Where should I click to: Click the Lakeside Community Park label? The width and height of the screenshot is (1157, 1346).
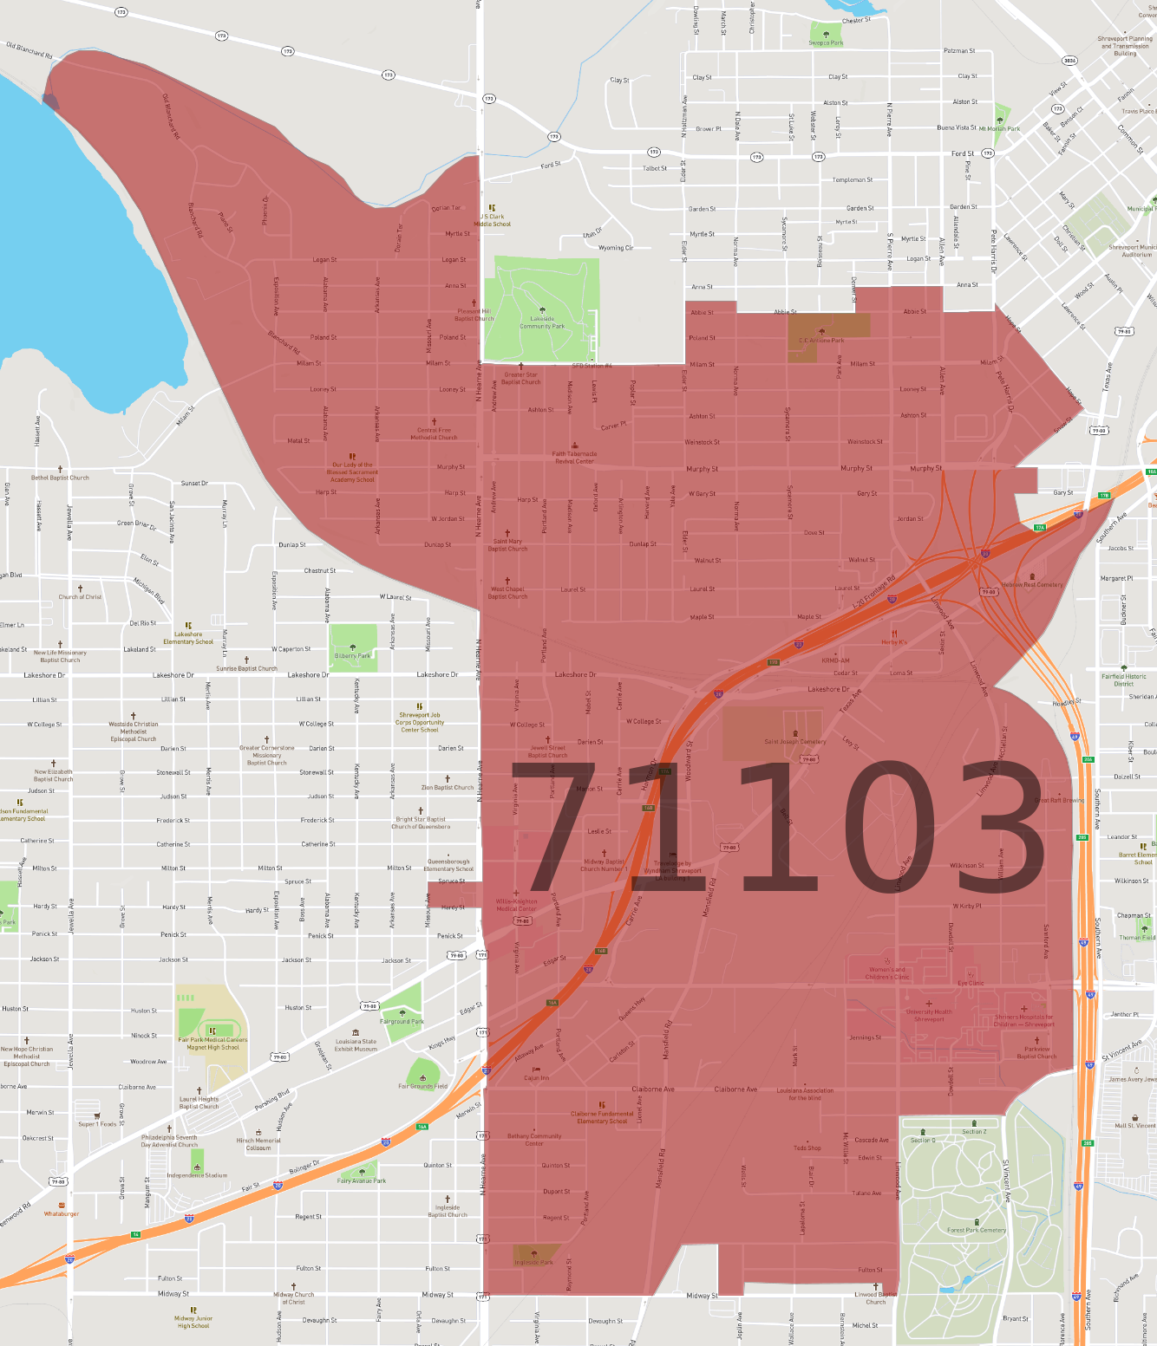click(542, 322)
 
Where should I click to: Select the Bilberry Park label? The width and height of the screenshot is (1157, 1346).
click(352, 655)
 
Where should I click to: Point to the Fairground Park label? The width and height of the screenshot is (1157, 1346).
click(402, 1021)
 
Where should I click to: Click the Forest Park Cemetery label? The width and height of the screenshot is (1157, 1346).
click(977, 1230)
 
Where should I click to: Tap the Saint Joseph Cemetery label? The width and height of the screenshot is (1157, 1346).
click(795, 741)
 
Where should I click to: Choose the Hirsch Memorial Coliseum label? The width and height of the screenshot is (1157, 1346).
click(258, 1144)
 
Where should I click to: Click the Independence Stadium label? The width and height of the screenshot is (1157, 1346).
click(198, 1175)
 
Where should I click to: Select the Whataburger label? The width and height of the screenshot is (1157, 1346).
click(62, 1213)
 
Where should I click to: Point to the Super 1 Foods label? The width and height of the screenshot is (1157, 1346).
click(97, 1124)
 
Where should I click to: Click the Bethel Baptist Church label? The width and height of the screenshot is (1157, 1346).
click(61, 478)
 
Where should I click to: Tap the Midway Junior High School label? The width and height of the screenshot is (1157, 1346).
click(193, 1322)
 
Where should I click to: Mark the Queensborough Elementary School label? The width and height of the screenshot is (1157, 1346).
click(448, 865)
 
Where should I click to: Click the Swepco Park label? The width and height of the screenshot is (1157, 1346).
click(826, 42)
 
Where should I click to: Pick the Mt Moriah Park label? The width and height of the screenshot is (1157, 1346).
click(1000, 128)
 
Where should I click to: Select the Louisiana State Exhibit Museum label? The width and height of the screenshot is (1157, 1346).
click(356, 1045)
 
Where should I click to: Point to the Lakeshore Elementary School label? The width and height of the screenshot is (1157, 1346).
click(188, 638)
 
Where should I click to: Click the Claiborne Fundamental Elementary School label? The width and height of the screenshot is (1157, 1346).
click(602, 1117)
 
